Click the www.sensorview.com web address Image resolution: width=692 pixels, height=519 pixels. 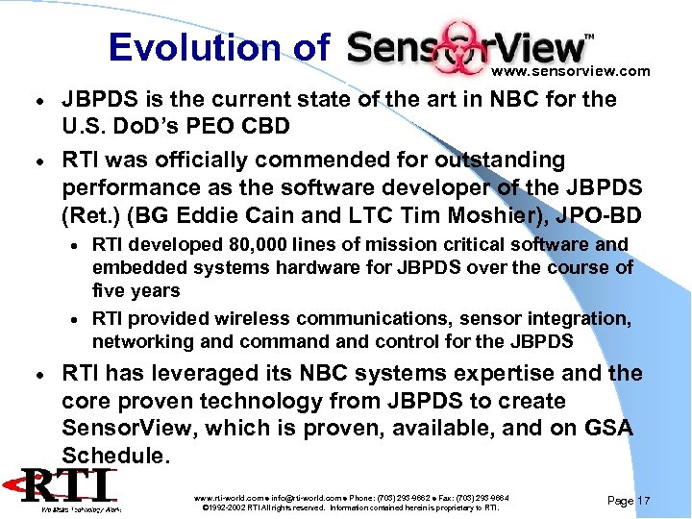570,71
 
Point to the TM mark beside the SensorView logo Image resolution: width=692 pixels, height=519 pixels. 589,37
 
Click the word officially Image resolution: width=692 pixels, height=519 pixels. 218,159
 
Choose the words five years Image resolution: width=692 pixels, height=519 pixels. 136,290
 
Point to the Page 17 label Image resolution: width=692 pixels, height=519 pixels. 630,501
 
